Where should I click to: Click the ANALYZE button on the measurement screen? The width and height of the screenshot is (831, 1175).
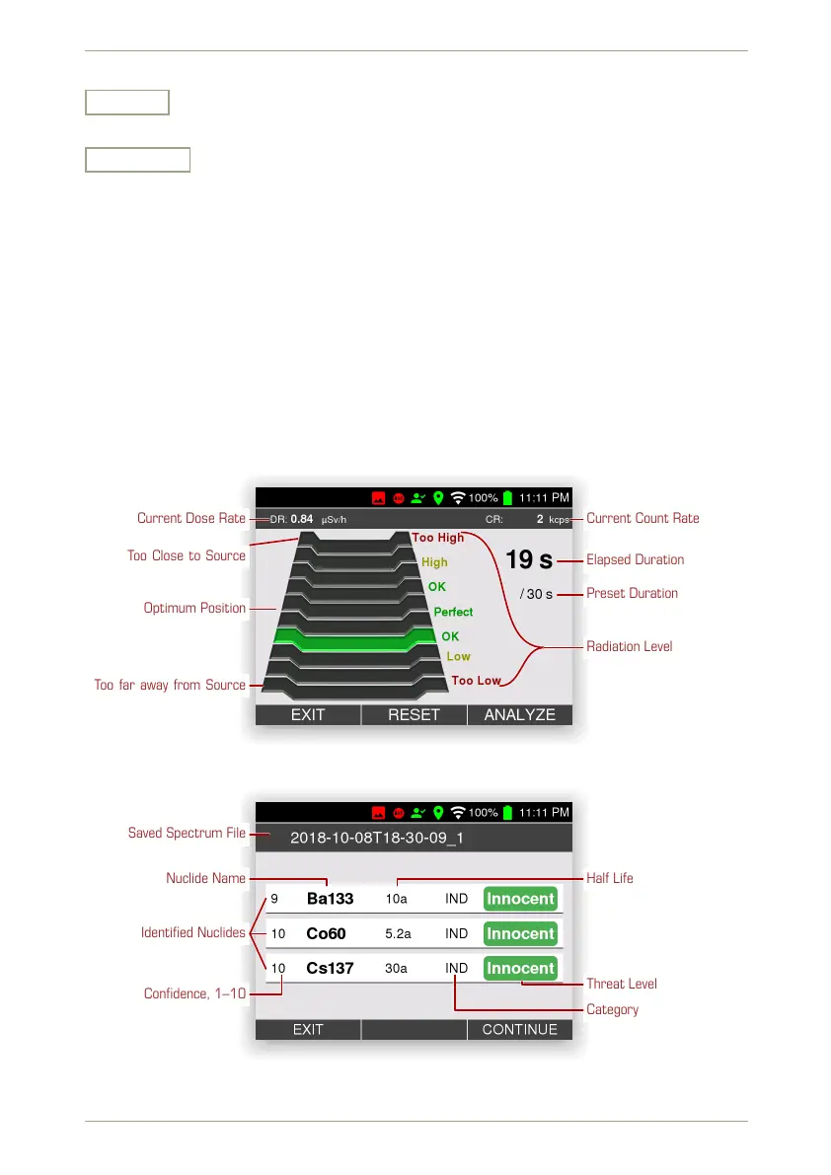[519, 715]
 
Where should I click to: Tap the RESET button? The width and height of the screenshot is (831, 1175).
[414, 715]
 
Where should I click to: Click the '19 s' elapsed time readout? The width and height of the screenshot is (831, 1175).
[529, 560]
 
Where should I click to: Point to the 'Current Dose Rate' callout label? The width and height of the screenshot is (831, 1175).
[190, 519]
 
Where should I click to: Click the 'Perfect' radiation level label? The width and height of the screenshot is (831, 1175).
[453, 612]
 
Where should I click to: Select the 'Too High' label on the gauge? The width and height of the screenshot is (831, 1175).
[437, 538]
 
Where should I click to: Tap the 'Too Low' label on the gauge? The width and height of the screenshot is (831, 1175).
[476, 681]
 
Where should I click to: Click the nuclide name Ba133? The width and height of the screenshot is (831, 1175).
[330, 899]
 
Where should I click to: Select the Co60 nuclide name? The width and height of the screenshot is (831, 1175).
[326, 933]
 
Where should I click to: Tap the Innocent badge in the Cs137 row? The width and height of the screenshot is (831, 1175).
[520, 968]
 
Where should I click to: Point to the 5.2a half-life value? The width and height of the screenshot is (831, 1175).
[397, 933]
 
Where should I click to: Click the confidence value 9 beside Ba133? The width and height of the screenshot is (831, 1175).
[274, 899]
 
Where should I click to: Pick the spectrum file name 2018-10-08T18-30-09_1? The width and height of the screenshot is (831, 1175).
[377, 838]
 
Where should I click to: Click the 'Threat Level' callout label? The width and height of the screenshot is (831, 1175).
[621, 984]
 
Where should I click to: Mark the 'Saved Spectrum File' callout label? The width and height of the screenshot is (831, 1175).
[187, 834]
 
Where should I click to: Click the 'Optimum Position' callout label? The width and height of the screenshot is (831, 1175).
[194, 609]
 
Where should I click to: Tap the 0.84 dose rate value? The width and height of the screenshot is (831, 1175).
[302, 519]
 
